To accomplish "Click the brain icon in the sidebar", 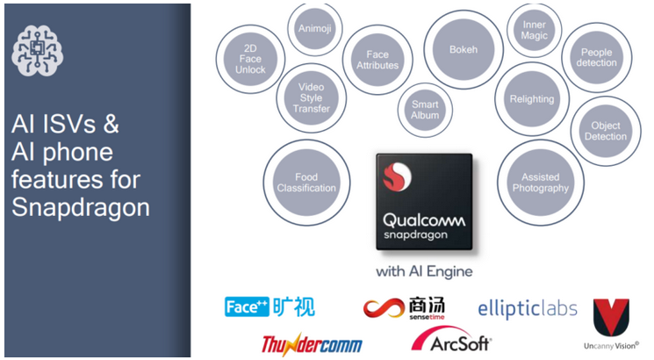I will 38,51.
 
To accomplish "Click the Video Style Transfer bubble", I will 310,97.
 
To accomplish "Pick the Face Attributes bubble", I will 377,59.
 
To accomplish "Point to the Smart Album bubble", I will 425,109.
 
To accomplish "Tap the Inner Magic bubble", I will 535,31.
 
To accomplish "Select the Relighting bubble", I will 532,98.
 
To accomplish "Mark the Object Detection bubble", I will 606,131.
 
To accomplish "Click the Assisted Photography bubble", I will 540,183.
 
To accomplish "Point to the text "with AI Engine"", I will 424,271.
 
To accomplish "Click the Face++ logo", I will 270,306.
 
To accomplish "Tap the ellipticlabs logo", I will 527,308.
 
